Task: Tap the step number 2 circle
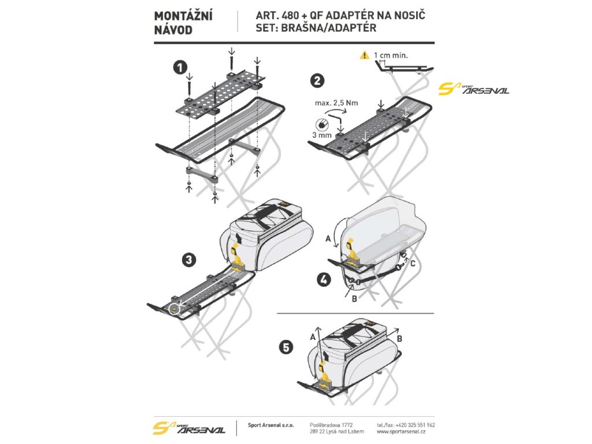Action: [317, 81]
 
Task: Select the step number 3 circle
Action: [188, 260]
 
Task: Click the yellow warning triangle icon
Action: [364, 55]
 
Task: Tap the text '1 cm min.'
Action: [391, 55]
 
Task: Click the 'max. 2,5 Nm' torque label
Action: [337, 103]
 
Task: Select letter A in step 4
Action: [329, 238]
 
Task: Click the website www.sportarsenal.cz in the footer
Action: [401, 431]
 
